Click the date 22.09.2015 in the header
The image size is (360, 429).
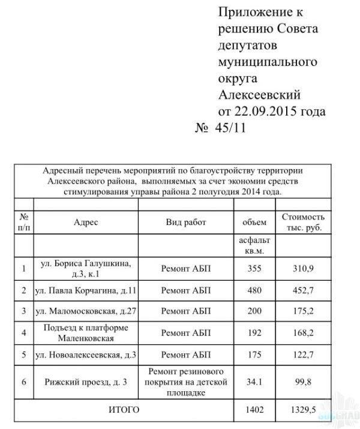pyautogui.click(x=264, y=111)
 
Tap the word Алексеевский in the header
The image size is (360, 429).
pyautogui.click(x=259, y=94)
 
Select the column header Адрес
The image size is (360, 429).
pyautogui.click(x=86, y=222)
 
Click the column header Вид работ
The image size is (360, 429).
pyautogui.click(x=185, y=222)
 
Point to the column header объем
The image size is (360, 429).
pyautogui.click(x=254, y=222)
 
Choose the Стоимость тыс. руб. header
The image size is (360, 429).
pyautogui.click(x=303, y=222)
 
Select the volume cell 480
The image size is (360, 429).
pyautogui.click(x=254, y=290)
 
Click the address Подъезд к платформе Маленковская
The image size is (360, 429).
pyautogui.click(x=86, y=333)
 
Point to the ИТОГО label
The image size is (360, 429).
pyautogui.click(x=124, y=410)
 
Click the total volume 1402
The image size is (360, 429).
pyautogui.click(x=254, y=410)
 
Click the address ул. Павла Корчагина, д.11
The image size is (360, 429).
pyautogui.click(x=86, y=290)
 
